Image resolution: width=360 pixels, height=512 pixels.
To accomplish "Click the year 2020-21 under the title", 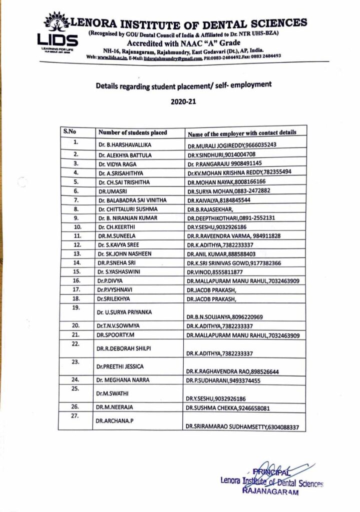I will [183, 101].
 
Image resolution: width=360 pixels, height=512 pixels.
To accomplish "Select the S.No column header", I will [69, 131].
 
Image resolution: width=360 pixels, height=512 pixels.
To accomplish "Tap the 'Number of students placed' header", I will [133, 132].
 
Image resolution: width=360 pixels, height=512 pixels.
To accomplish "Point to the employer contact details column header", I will [242, 132].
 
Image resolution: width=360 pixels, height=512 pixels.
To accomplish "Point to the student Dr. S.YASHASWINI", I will [120, 271].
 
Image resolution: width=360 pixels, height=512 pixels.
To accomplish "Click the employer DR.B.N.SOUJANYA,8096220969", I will [225, 317].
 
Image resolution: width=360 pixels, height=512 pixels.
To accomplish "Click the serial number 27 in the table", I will [76, 416].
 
